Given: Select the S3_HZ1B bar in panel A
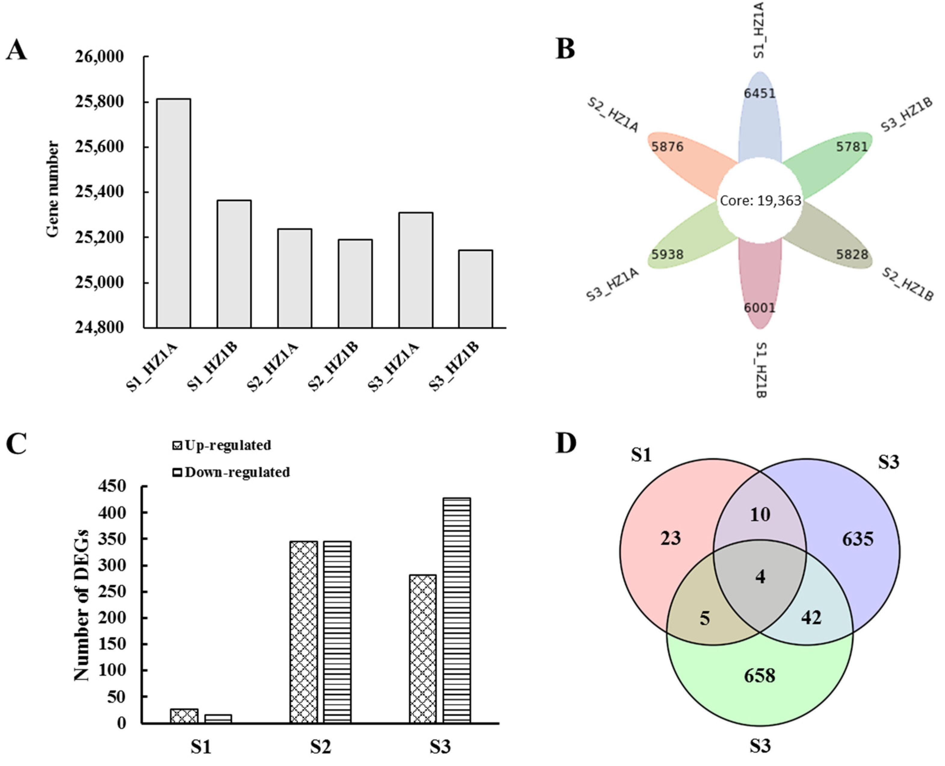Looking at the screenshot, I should coord(476,289).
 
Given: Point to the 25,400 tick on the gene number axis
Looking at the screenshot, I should coord(99,192).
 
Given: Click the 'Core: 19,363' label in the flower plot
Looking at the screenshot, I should coord(760,201).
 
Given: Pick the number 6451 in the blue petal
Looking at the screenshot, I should coord(759,93).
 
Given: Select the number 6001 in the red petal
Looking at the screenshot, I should coord(759,308).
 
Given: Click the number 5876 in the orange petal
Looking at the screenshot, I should coord(667,146).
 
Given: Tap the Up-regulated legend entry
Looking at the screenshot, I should coord(222,446).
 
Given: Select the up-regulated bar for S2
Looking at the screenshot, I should coord(304,632).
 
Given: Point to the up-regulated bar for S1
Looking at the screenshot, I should coord(184,716).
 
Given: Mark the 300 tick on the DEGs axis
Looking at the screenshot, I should coord(115,566).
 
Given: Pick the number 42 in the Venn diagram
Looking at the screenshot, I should coord(811,618).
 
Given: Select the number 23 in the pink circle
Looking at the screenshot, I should coord(670,538).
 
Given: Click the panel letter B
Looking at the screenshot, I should coord(565,49).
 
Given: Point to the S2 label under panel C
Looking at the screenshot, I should coord(320,747).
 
